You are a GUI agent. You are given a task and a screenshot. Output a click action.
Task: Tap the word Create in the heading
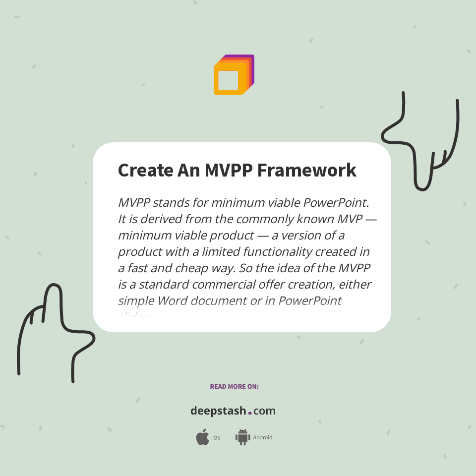tap(145, 170)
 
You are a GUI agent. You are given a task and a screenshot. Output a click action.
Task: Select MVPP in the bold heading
tap(222, 170)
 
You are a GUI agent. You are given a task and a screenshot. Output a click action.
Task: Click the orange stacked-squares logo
tap(234, 75)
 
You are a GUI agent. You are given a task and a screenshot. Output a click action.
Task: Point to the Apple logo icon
tap(202, 437)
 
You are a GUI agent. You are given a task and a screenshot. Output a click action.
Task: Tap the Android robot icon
tap(242, 437)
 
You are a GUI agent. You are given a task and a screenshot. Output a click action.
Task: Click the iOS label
tap(216, 438)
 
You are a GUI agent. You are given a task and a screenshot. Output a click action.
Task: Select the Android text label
tap(263, 438)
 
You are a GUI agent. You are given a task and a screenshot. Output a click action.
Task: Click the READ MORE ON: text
tap(234, 386)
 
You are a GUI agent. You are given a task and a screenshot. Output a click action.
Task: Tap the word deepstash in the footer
tap(218, 411)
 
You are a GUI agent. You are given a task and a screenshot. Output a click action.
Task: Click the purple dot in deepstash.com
tap(250, 413)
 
